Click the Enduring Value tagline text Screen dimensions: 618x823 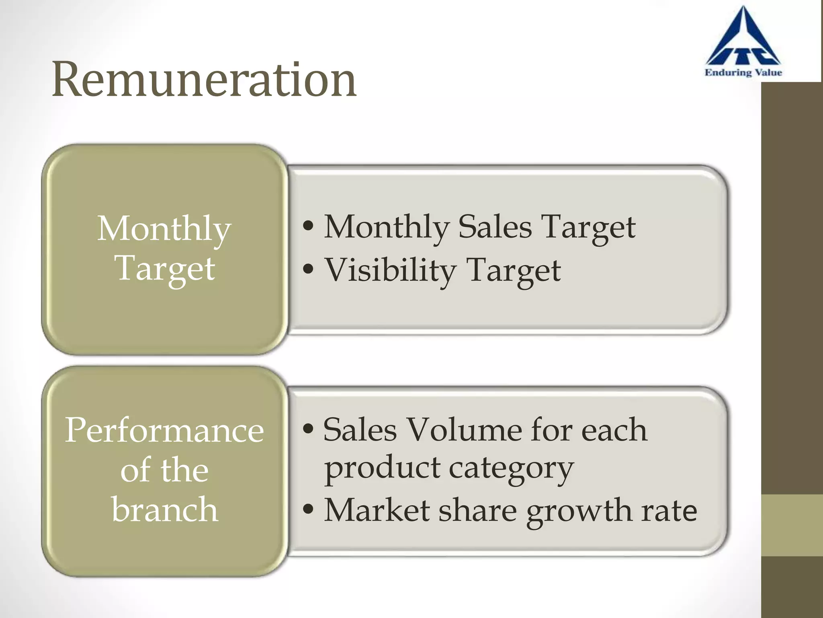click(x=743, y=73)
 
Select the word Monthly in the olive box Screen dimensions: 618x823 click(x=164, y=229)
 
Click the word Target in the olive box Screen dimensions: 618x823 click(x=165, y=269)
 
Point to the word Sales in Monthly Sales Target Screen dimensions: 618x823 click(x=495, y=227)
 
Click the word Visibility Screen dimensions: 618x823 click(x=390, y=270)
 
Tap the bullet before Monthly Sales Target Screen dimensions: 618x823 click(x=308, y=227)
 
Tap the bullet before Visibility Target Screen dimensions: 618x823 click(x=308, y=270)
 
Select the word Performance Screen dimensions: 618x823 click(x=164, y=431)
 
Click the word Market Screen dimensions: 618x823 click(x=377, y=510)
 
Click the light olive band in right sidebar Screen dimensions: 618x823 click(x=792, y=525)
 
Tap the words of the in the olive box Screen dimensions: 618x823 click(x=164, y=470)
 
